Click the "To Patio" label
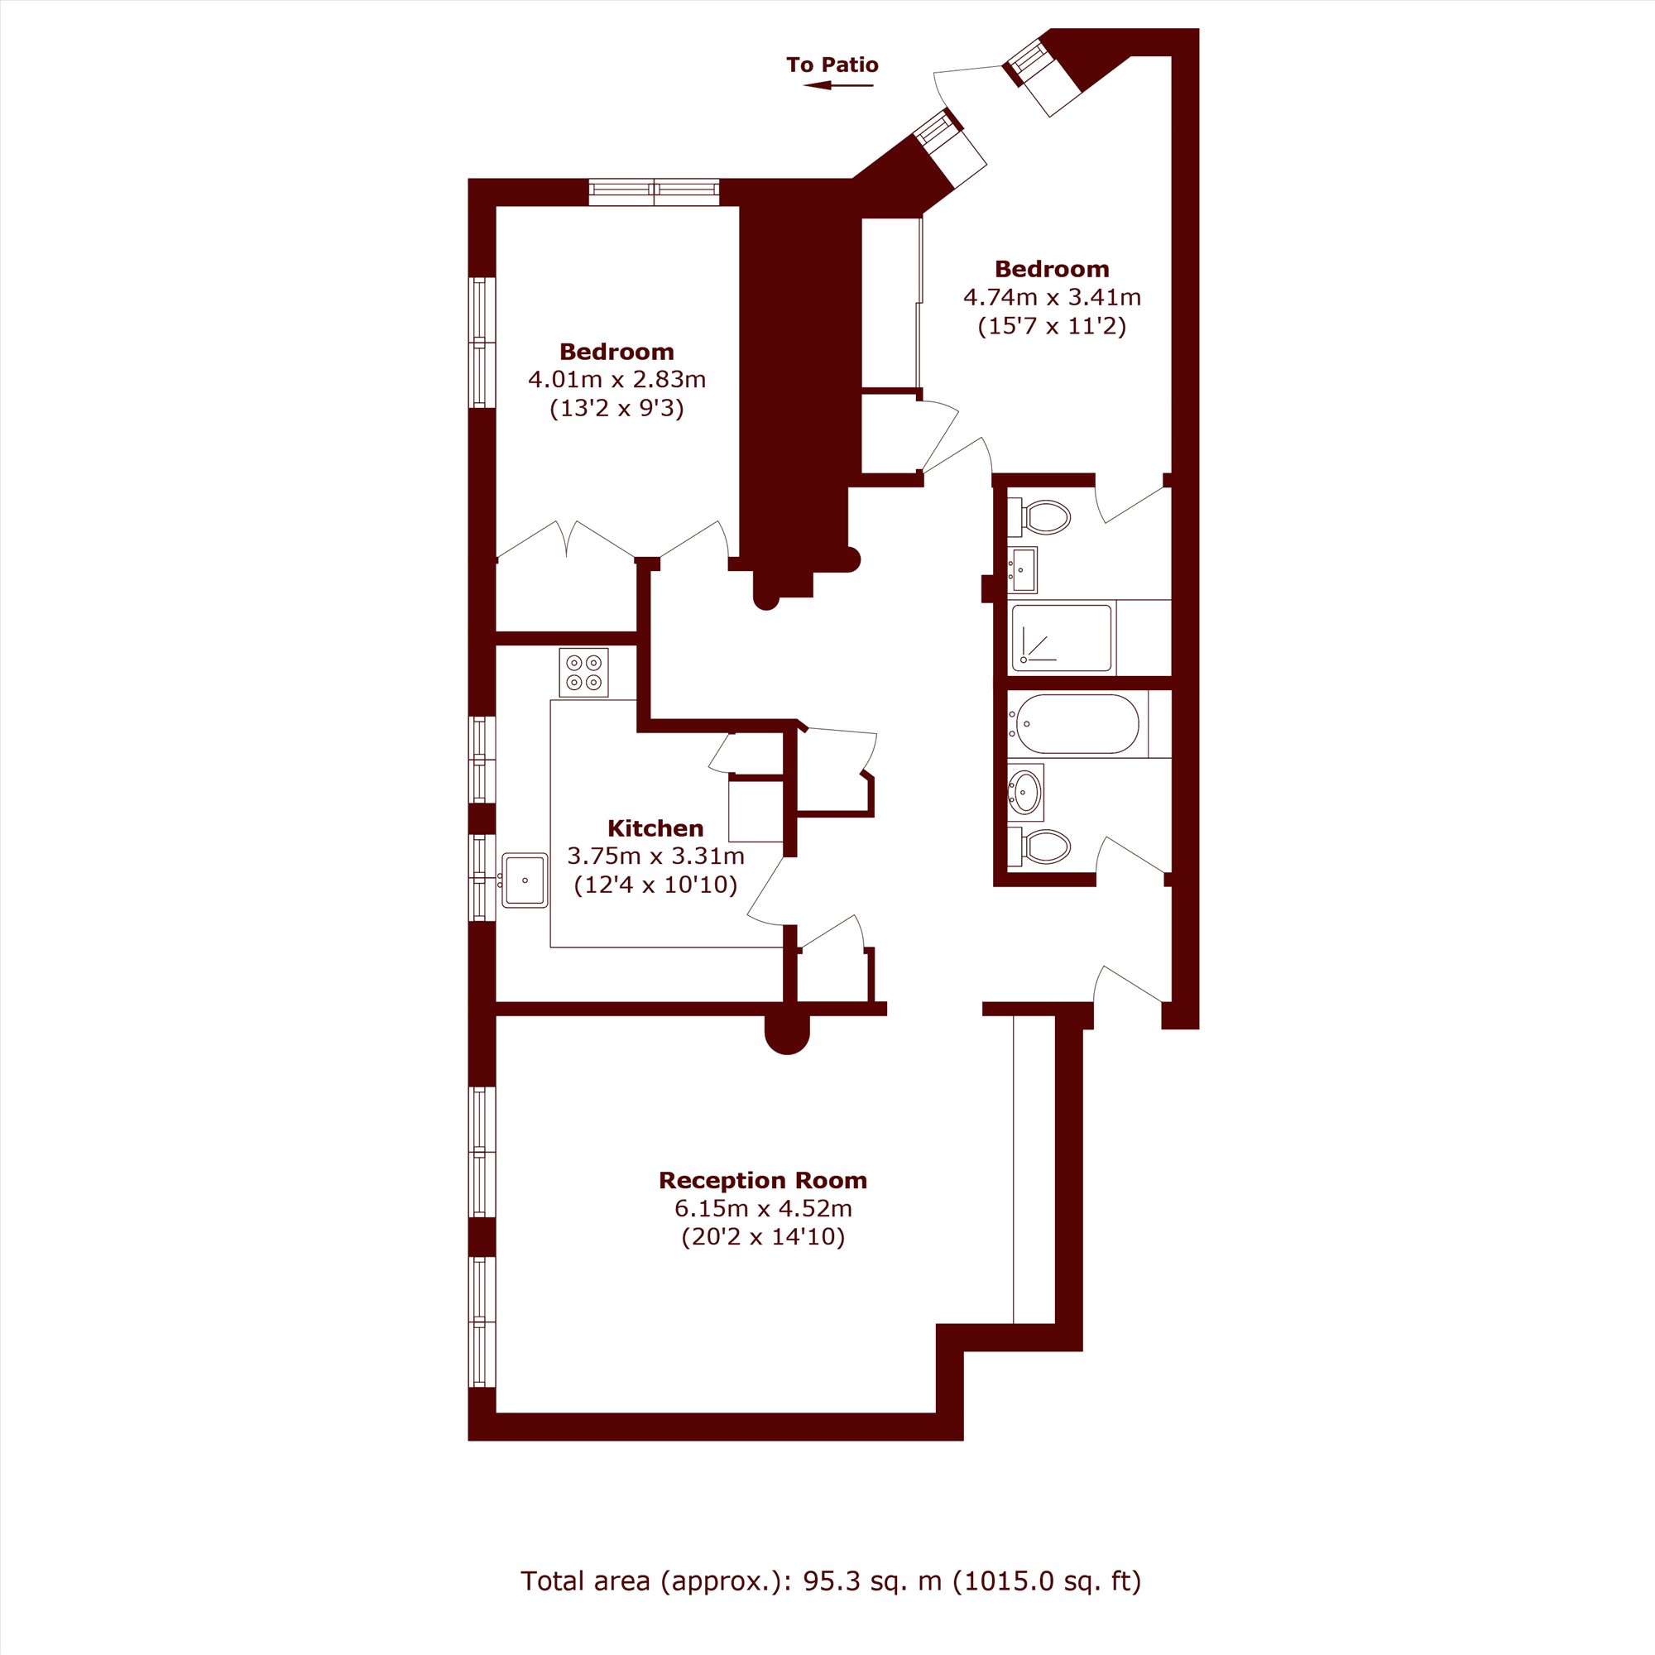[832, 65]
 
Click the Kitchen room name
[655, 827]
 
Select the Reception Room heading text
[762, 1181]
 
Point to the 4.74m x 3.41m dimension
[1052, 297]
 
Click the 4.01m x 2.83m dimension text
[616, 379]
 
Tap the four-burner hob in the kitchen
[584, 673]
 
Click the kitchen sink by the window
[525, 880]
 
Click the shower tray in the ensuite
[1063, 637]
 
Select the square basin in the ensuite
[1023, 569]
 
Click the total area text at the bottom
[831, 1581]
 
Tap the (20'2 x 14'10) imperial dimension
[762, 1237]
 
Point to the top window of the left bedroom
[655, 192]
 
